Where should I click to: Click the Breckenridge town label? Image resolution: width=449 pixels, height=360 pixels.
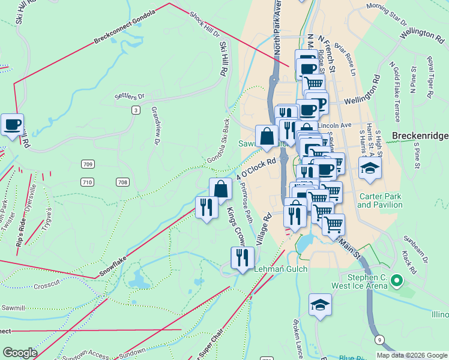click(420, 136)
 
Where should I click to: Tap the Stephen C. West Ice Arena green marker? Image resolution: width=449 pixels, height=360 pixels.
click(396, 280)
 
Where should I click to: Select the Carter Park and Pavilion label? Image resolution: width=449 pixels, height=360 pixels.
click(379, 200)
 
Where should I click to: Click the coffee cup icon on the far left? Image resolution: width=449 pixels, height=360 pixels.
click(12, 125)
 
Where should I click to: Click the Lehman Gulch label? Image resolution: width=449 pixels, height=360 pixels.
click(281, 269)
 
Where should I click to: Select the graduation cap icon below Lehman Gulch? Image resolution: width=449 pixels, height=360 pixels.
click(320, 305)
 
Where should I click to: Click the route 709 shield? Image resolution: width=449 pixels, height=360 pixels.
click(88, 164)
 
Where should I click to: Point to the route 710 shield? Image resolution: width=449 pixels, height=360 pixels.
click(87, 182)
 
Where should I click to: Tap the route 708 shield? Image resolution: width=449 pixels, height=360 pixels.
click(122, 182)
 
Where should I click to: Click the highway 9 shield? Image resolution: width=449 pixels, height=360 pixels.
click(379, 340)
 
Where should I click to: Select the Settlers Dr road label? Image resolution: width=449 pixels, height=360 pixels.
click(130, 96)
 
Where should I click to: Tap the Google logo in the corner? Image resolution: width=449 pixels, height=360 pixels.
click(20, 353)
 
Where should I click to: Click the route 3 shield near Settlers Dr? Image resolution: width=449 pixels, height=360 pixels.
click(136, 110)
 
